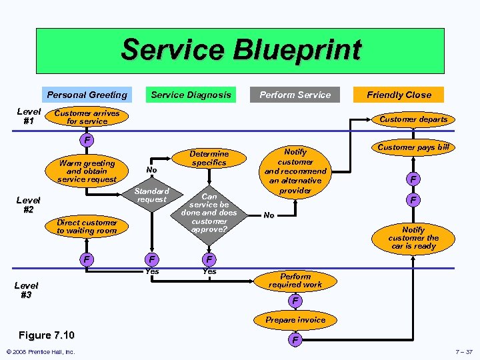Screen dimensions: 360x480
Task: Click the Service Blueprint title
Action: coord(241,51)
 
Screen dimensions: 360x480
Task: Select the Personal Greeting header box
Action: coord(87,95)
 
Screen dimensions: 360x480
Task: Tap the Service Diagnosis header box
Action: coord(191,95)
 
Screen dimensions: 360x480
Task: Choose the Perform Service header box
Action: coord(295,95)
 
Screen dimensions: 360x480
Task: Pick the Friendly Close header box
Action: coord(399,95)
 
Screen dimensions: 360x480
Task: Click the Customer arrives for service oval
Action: coord(87,117)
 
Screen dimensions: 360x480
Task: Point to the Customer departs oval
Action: coord(413,119)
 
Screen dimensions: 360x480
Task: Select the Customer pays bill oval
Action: coord(413,147)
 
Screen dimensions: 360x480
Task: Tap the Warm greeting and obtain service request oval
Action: coord(87,171)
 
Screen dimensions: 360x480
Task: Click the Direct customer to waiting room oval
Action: coord(87,227)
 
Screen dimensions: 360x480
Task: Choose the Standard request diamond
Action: coord(153,195)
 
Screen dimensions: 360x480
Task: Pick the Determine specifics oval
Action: coord(209,158)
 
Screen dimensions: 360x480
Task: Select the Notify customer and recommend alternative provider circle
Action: coord(295,171)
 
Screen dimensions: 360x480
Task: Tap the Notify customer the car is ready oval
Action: coord(413,238)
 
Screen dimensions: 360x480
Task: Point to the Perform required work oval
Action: coord(295,280)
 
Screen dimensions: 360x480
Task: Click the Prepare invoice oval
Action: coord(295,320)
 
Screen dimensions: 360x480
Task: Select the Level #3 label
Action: coord(26,290)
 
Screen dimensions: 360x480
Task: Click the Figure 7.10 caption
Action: coord(47,335)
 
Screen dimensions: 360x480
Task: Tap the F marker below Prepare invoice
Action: coord(295,341)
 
